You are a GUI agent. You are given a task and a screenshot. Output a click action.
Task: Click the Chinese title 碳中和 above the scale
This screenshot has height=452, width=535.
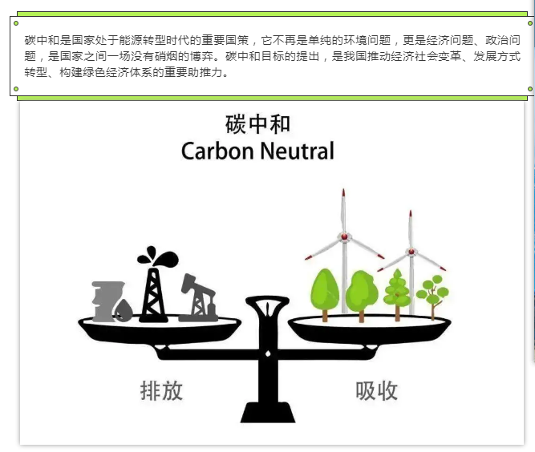click(257, 124)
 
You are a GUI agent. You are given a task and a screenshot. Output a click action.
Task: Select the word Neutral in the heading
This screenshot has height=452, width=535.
click(297, 151)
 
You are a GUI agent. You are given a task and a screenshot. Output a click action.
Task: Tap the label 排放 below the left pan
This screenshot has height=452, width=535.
click(161, 390)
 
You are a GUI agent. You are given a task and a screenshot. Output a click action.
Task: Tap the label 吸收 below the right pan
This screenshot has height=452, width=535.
click(377, 390)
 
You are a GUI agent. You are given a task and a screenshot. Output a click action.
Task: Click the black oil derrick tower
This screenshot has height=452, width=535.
click(153, 295)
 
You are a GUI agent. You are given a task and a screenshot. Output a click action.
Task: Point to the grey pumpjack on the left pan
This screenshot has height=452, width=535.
click(199, 298)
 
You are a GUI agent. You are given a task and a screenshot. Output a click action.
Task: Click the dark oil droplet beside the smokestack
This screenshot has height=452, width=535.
click(124, 311)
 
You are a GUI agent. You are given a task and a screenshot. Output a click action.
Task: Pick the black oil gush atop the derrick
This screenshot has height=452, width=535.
click(158, 256)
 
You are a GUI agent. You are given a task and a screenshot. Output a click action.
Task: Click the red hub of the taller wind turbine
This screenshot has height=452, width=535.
click(344, 236)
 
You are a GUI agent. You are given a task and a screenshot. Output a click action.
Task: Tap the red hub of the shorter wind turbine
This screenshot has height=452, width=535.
click(411, 252)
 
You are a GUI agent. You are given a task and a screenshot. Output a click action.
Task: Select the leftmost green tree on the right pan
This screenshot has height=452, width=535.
click(325, 294)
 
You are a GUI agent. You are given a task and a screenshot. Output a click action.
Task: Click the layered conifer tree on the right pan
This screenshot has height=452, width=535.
click(397, 294)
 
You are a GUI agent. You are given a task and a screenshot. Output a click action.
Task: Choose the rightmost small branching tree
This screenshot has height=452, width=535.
click(432, 297)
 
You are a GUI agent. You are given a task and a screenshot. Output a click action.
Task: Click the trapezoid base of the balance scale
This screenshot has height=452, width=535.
click(268, 412)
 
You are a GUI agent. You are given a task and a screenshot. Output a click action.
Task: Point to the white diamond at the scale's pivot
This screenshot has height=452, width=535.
click(268, 354)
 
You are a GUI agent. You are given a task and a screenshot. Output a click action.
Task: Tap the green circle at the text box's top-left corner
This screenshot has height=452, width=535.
click(16, 23)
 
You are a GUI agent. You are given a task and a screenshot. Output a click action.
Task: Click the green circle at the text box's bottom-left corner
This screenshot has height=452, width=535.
click(16, 89)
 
